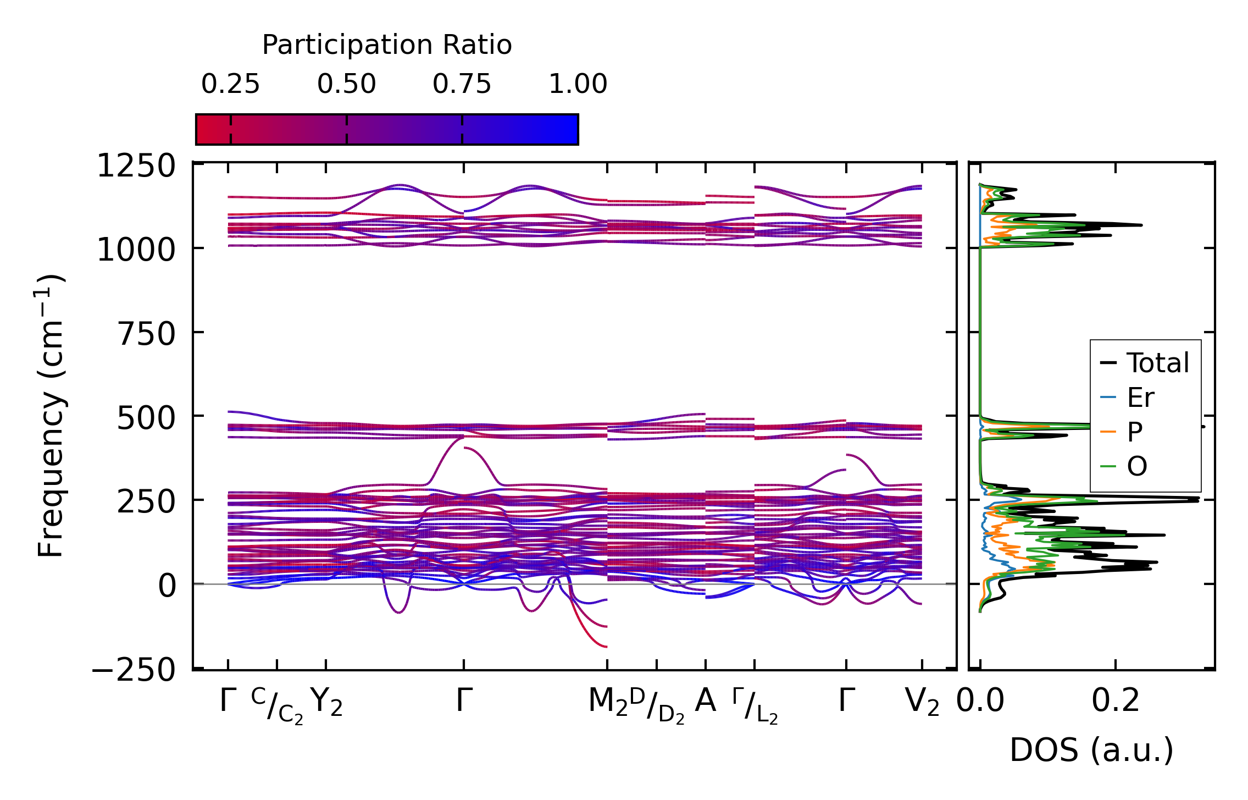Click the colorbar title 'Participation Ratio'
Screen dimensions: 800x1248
[387, 45]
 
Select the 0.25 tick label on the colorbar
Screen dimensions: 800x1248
[230, 84]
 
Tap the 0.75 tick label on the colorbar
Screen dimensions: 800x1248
[462, 84]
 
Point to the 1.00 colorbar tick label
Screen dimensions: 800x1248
[578, 84]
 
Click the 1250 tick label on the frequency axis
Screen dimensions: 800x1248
[136, 166]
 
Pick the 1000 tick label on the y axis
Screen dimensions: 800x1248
[136, 251]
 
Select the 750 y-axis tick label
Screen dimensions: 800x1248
[146, 334]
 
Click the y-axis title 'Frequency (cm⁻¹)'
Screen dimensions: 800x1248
[51, 416]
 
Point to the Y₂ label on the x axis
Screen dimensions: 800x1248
[326, 703]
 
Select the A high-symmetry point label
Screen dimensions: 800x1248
[705, 700]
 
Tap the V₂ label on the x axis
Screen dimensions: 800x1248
[922, 702]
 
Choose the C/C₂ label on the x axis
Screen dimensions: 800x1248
[277, 705]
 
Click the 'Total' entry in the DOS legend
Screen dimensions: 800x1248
[1157, 363]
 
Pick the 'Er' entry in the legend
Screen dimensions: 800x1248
[1140, 398]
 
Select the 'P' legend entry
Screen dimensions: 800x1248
[1134, 432]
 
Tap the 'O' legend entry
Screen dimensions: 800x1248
[1136, 467]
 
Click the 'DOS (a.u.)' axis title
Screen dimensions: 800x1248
[1091, 750]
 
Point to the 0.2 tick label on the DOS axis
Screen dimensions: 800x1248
[1115, 702]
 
